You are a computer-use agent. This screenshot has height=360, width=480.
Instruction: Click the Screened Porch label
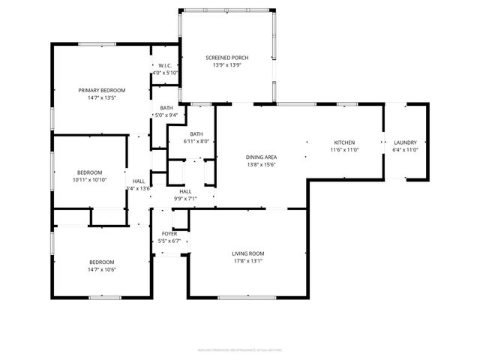click(x=227, y=58)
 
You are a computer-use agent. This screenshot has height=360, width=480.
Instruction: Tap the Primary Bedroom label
click(x=102, y=90)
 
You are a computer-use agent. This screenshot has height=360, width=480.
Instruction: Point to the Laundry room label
click(x=405, y=142)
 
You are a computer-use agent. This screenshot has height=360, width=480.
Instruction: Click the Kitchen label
click(x=344, y=142)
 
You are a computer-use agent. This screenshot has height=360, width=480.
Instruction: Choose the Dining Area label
click(x=262, y=157)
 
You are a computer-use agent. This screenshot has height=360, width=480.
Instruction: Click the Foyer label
click(x=170, y=233)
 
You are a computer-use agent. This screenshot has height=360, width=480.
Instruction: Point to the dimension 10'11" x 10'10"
click(x=89, y=180)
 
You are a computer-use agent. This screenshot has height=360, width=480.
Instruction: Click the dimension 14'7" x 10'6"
click(x=102, y=269)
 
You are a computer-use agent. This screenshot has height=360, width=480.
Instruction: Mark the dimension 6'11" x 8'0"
click(x=195, y=141)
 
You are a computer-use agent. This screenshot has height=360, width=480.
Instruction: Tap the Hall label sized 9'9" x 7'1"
click(x=185, y=191)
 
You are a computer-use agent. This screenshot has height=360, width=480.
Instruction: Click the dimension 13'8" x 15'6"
click(x=262, y=164)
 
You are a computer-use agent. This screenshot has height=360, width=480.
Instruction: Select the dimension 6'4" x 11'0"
click(x=405, y=150)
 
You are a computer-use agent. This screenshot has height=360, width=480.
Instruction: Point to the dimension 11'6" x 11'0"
click(x=344, y=150)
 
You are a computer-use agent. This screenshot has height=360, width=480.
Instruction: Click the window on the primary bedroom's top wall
click(x=97, y=43)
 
